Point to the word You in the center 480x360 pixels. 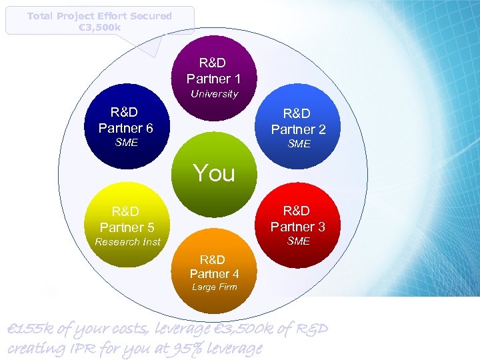point(214,173)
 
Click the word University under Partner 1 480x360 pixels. point(214,94)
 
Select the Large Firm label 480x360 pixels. point(214,287)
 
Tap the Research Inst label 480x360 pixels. point(127,242)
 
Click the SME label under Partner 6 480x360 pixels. point(126,143)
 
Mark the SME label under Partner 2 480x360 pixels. point(299,144)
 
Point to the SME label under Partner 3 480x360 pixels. point(298,241)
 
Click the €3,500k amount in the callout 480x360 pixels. point(99,27)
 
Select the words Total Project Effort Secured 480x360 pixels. point(99,15)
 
